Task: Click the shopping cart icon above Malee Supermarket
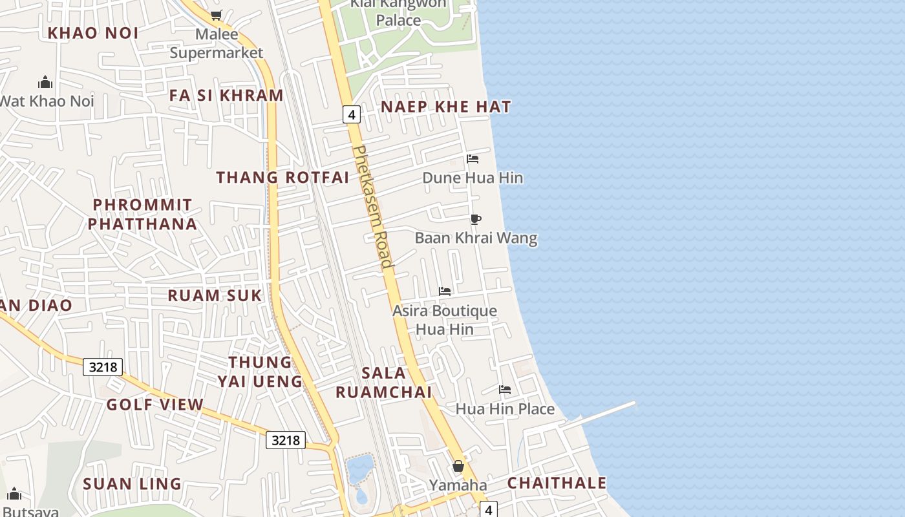[x=216, y=15]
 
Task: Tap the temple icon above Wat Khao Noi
[x=45, y=82]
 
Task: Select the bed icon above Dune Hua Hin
[x=473, y=159]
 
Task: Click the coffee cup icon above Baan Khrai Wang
[x=476, y=219]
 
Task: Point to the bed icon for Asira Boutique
[x=445, y=291]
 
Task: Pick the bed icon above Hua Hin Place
[x=505, y=390]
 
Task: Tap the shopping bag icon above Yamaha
[x=458, y=466]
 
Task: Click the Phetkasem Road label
[x=373, y=207]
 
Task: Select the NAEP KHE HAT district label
[x=446, y=107]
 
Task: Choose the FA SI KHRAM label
[x=226, y=95]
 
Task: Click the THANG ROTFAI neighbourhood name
[x=282, y=177]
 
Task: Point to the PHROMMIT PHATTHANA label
[x=142, y=215]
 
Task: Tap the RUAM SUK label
[x=215, y=295]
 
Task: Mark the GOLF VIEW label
[x=155, y=405]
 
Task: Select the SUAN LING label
[x=132, y=484]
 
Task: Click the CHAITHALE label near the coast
[x=557, y=483]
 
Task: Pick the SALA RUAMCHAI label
[x=384, y=382]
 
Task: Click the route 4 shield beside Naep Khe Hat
[x=351, y=115]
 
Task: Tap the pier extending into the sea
[x=601, y=415]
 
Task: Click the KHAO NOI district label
[x=93, y=33]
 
